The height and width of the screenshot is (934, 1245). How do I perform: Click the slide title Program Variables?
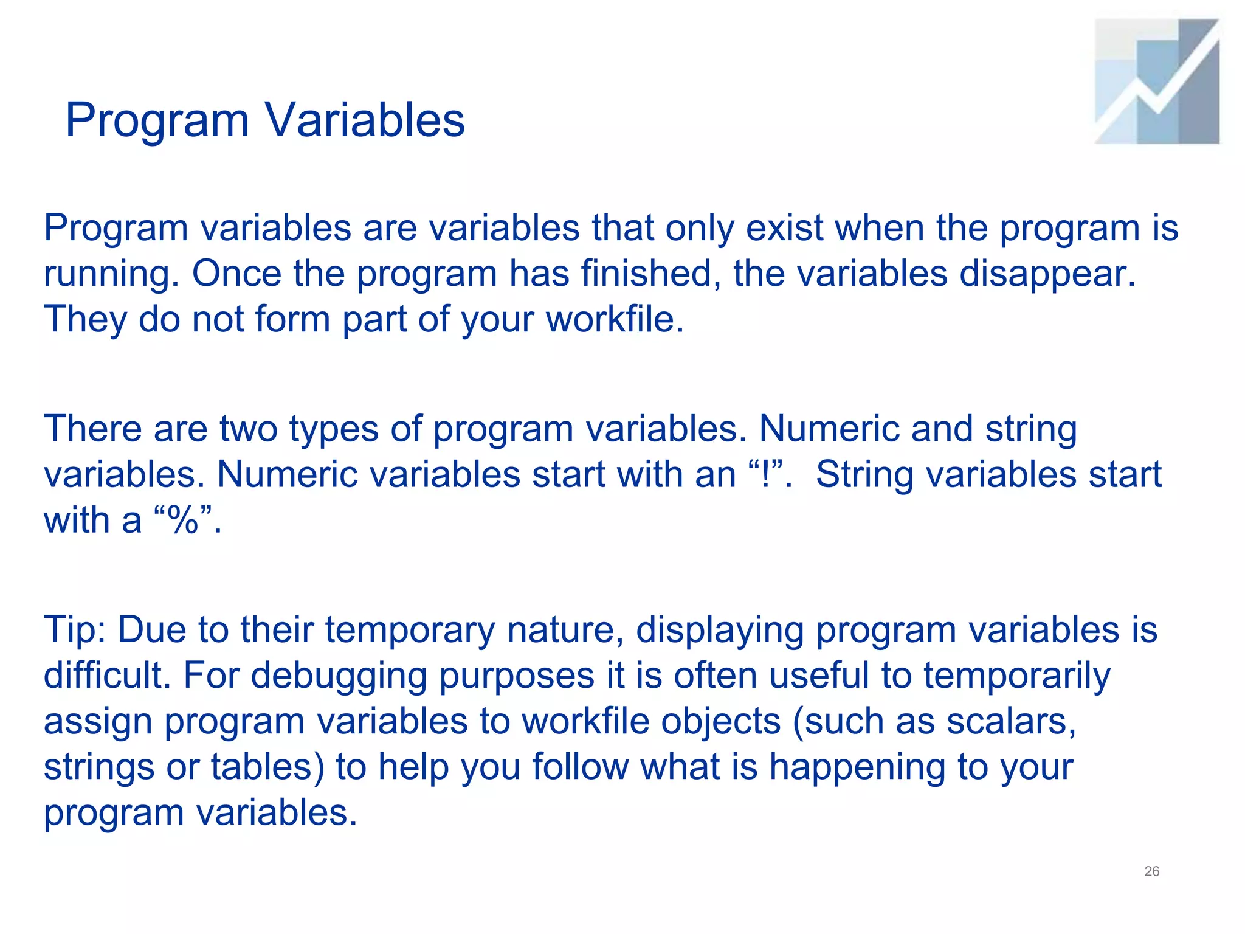click(x=265, y=120)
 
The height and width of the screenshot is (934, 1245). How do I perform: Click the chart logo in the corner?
click(x=1157, y=81)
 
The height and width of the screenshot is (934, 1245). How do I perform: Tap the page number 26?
click(x=1151, y=871)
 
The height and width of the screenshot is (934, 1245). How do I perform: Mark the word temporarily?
click(x=1016, y=675)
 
